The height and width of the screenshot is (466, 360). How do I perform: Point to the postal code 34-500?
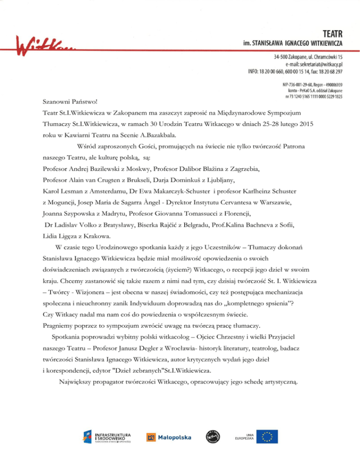(283, 56)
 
